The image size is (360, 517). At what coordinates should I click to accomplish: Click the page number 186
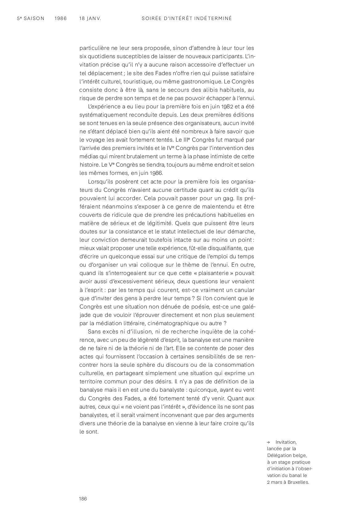[x=83, y=499]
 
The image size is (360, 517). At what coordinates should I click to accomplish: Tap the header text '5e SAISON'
[x=30, y=18]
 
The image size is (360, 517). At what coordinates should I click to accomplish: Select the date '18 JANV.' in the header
[x=90, y=18]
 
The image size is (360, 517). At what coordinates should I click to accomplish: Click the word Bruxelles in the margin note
[x=298, y=482]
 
